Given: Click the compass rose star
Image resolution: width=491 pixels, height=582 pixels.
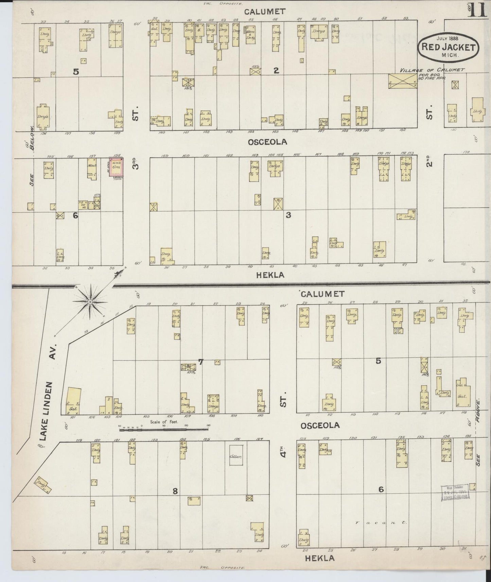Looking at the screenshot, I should pyautogui.click(x=90, y=302).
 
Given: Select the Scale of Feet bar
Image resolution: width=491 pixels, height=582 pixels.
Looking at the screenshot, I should pyautogui.click(x=165, y=430).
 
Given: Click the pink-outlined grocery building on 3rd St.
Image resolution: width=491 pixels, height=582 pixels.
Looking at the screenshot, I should pyautogui.click(x=116, y=167).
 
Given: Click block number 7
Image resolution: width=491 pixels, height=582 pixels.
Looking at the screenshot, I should pyautogui.click(x=200, y=362).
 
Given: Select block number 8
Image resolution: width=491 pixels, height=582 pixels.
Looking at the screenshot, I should pyautogui.click(x=175, y=491).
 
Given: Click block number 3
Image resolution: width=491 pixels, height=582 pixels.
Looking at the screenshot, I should pyautogui.click(x=288, y=215).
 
